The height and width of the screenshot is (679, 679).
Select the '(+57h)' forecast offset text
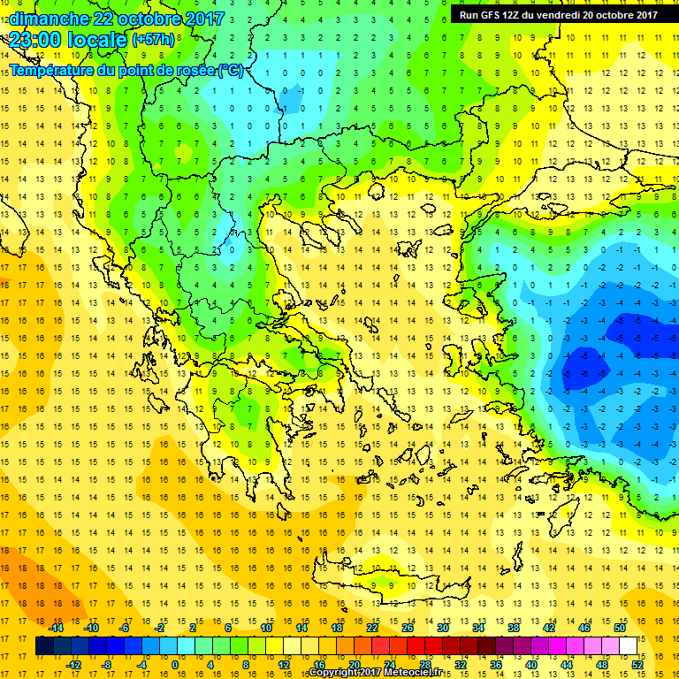point(154,41)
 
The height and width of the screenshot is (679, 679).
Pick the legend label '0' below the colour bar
point(175,665)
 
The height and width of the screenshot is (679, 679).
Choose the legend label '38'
point(514,628)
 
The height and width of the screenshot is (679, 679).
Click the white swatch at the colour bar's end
point(629,646)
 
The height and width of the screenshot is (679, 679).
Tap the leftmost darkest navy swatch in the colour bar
point(44,646)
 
